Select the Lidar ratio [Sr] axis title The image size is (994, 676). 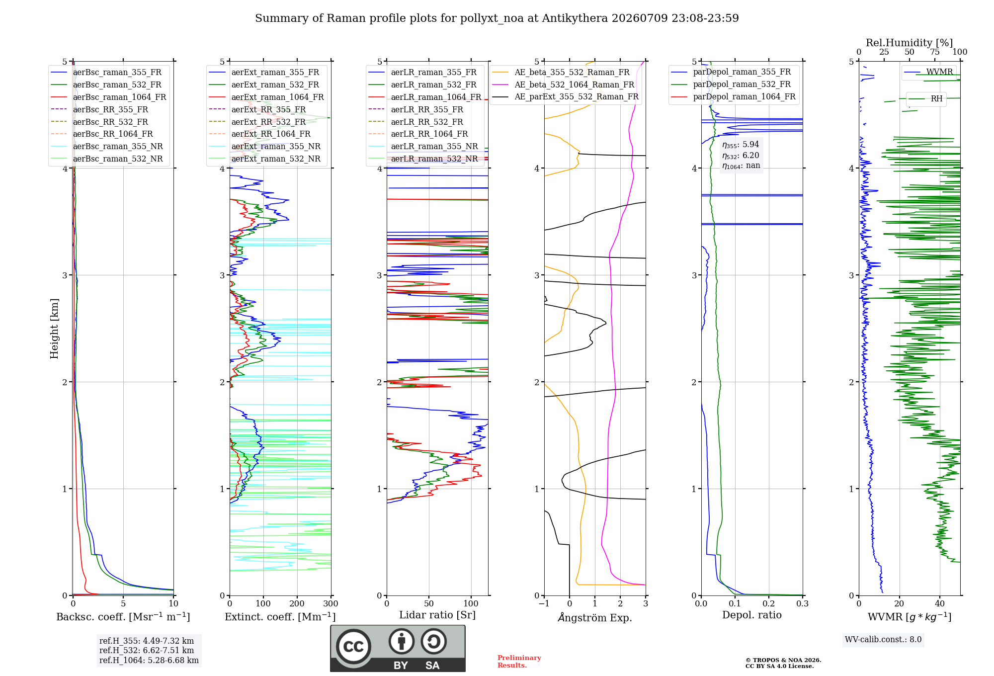coord(437,615)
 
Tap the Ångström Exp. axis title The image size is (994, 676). coord(595,617)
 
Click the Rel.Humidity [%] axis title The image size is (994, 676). coord(910,43)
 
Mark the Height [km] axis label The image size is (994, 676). coord(54,329)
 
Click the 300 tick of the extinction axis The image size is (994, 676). coord(331,604)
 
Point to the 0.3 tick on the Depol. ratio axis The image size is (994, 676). coord(802,604)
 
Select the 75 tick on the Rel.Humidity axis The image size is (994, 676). coord(935,52)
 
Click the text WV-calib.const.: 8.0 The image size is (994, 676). coord(883,640)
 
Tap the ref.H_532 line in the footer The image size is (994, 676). coord(147,650)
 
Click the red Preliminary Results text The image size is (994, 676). coord(519,662)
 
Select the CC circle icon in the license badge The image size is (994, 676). coord(353,647)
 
